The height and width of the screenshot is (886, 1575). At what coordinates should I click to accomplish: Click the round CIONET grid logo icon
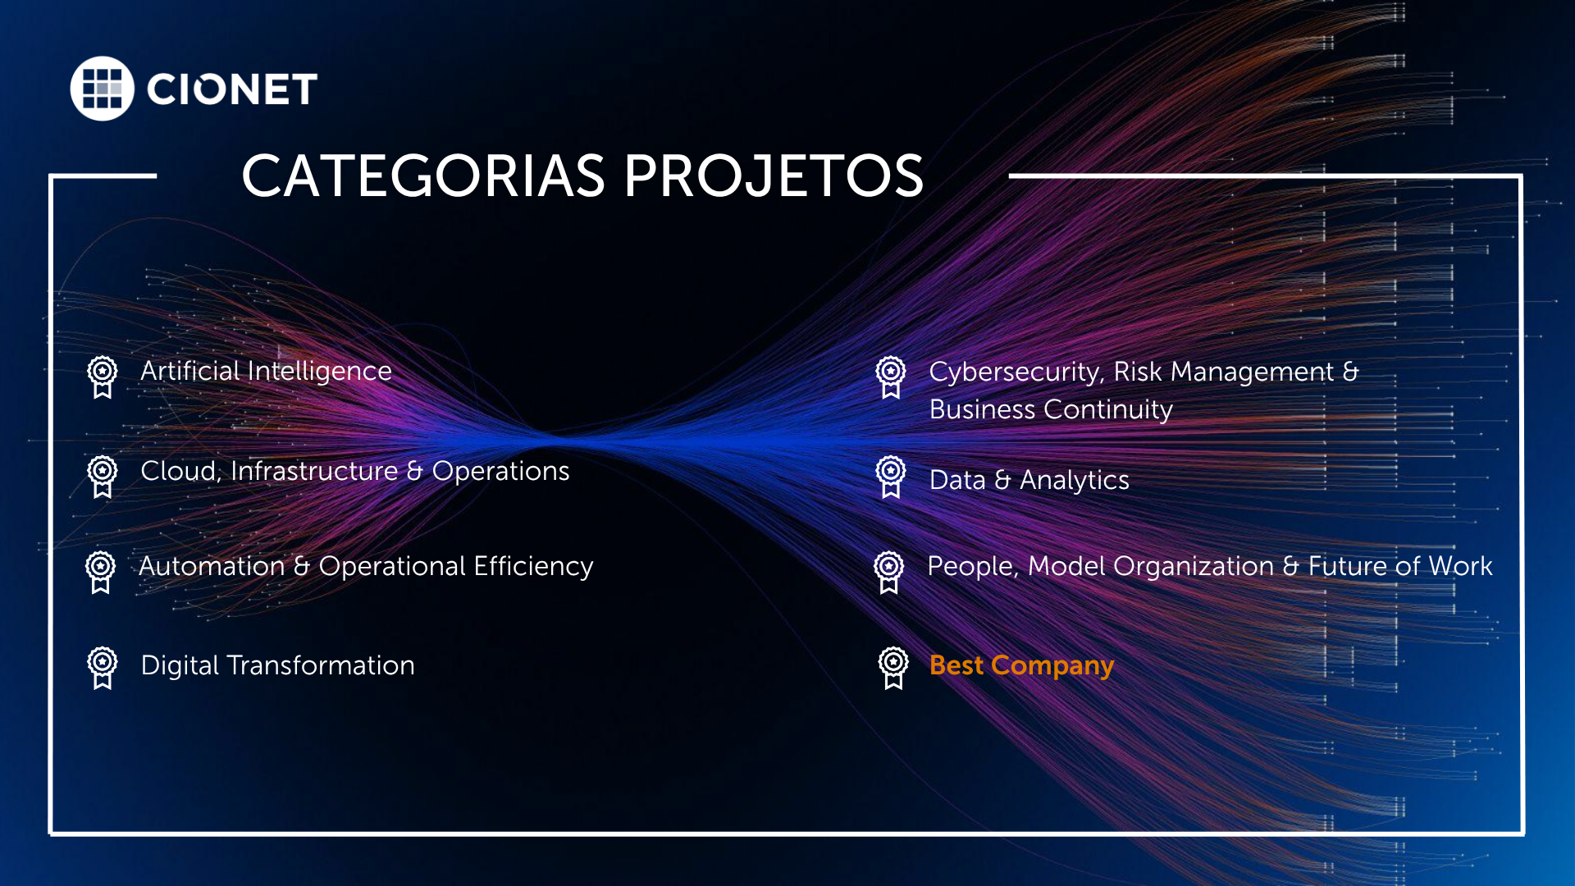(102, 89)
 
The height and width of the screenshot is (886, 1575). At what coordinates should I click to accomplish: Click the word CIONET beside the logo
(232, 89)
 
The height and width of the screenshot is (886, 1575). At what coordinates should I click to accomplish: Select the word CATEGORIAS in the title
(423, 176)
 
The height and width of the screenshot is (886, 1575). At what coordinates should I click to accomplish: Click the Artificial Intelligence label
(266, 372)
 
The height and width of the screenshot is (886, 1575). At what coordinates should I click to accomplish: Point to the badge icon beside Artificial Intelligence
(103, 377)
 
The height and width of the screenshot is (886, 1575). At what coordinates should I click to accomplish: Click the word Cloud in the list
(177, 472)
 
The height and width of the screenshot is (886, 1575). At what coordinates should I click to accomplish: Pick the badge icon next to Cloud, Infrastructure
(103, 477)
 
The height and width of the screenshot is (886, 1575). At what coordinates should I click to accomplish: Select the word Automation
(212, 566)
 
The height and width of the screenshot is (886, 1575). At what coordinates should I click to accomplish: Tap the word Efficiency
(533, 566)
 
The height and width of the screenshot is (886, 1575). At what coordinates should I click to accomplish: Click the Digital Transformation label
(277, 665)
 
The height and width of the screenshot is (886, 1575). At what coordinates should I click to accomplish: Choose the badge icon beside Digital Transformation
(103, 668)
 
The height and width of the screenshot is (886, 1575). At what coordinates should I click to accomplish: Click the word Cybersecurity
(1015, 372)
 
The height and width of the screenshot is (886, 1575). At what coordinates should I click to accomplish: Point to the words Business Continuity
(1051, 409)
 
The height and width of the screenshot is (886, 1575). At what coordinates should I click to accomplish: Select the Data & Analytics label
(1029, 480)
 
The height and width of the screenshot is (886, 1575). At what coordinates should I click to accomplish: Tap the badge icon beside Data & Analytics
(891, 477)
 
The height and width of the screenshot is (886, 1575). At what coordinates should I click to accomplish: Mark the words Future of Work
(1399, 566)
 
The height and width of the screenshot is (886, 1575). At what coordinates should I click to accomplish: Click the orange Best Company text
(1021, 665)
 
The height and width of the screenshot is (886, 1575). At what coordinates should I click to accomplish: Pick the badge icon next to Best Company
(893, 668)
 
